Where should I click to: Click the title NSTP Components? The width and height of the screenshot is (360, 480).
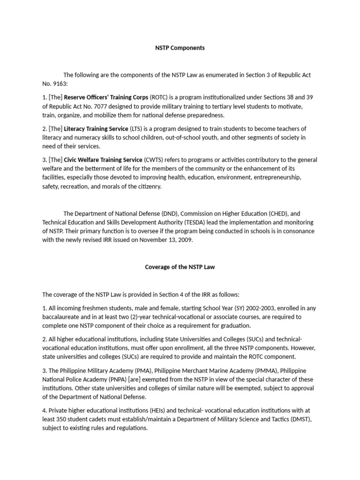180,48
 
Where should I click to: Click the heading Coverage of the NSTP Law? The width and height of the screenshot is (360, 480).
180,267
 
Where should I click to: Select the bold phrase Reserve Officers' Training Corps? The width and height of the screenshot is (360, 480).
106,97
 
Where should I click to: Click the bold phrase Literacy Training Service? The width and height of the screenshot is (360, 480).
96,128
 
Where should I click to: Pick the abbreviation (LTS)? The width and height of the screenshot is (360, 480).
137,128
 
